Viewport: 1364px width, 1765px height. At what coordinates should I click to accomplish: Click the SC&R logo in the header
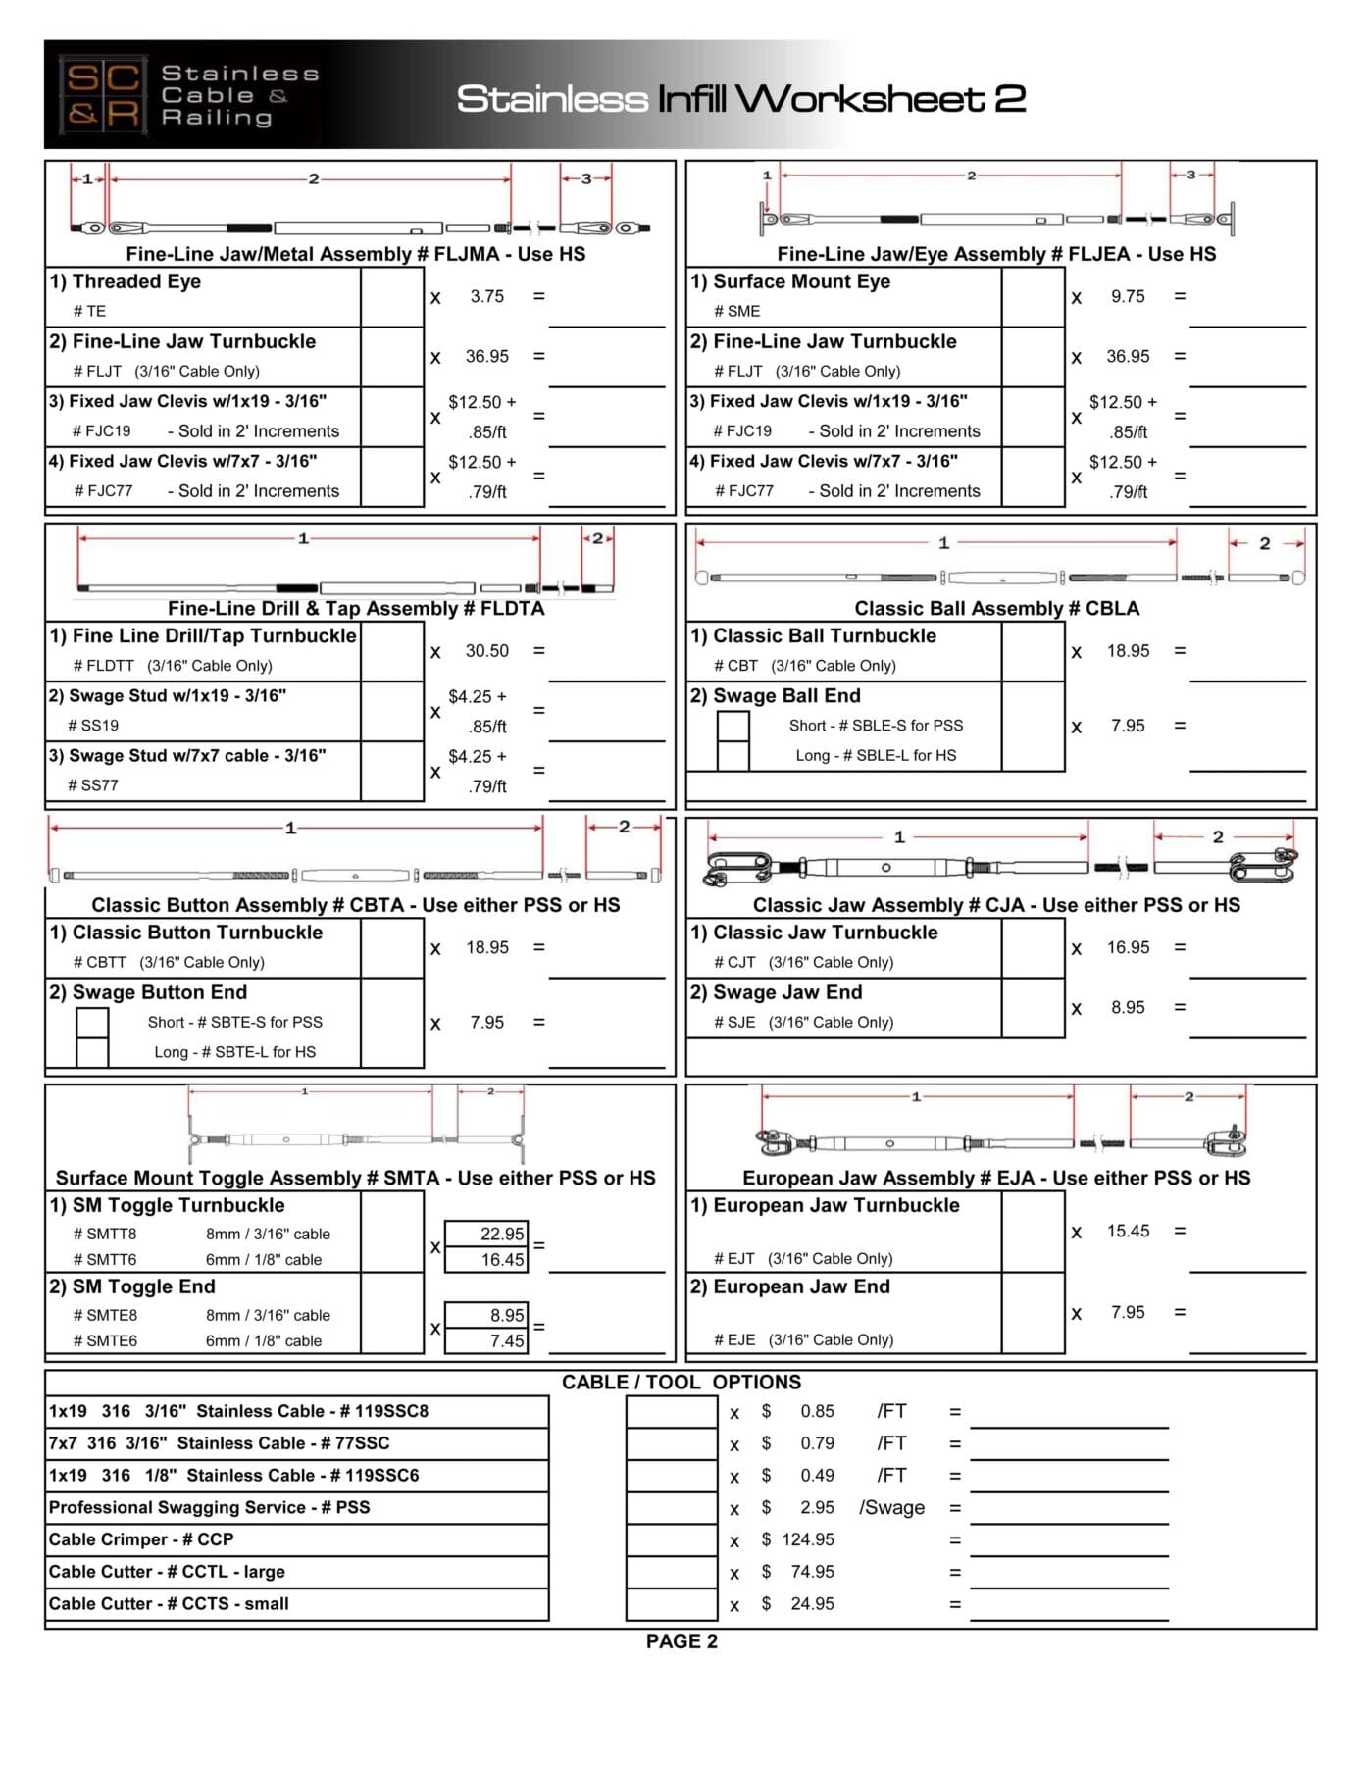coord(102,94)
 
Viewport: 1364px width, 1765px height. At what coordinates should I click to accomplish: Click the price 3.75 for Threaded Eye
coord(486,296)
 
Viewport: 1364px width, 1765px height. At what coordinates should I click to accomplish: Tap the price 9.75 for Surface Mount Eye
coord(1128,296)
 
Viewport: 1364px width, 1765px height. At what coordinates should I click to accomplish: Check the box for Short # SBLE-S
coord(733,727)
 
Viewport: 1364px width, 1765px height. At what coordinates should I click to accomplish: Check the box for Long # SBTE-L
coord(92,1052)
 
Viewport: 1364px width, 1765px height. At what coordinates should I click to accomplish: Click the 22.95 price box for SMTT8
coord(486,1234)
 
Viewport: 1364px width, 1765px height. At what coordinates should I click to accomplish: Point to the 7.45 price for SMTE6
coord(486,1340)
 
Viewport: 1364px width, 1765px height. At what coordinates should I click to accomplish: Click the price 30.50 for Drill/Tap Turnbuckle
coord(486,651)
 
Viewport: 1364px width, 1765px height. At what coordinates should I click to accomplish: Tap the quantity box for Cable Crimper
coord(672,1540)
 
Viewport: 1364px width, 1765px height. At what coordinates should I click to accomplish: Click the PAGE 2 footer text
coord(682,1641)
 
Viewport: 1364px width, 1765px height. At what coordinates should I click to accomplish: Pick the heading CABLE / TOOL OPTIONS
coord(682,1383)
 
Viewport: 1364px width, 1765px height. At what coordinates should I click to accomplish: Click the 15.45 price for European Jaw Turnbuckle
coord(1128,1231)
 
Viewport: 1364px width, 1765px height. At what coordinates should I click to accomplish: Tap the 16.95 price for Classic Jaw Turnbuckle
coord(1128,947)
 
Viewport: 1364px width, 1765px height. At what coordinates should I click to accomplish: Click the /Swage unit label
coord(891,1508)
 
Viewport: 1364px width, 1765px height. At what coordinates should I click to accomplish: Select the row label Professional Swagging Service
coord(209,1508)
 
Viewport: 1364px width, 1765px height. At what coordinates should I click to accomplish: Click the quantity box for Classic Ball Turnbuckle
coord(1033,651)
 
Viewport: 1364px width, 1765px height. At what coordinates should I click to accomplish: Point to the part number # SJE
coord(734,1023)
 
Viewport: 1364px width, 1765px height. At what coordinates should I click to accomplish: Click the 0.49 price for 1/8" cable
coord(817,1476)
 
